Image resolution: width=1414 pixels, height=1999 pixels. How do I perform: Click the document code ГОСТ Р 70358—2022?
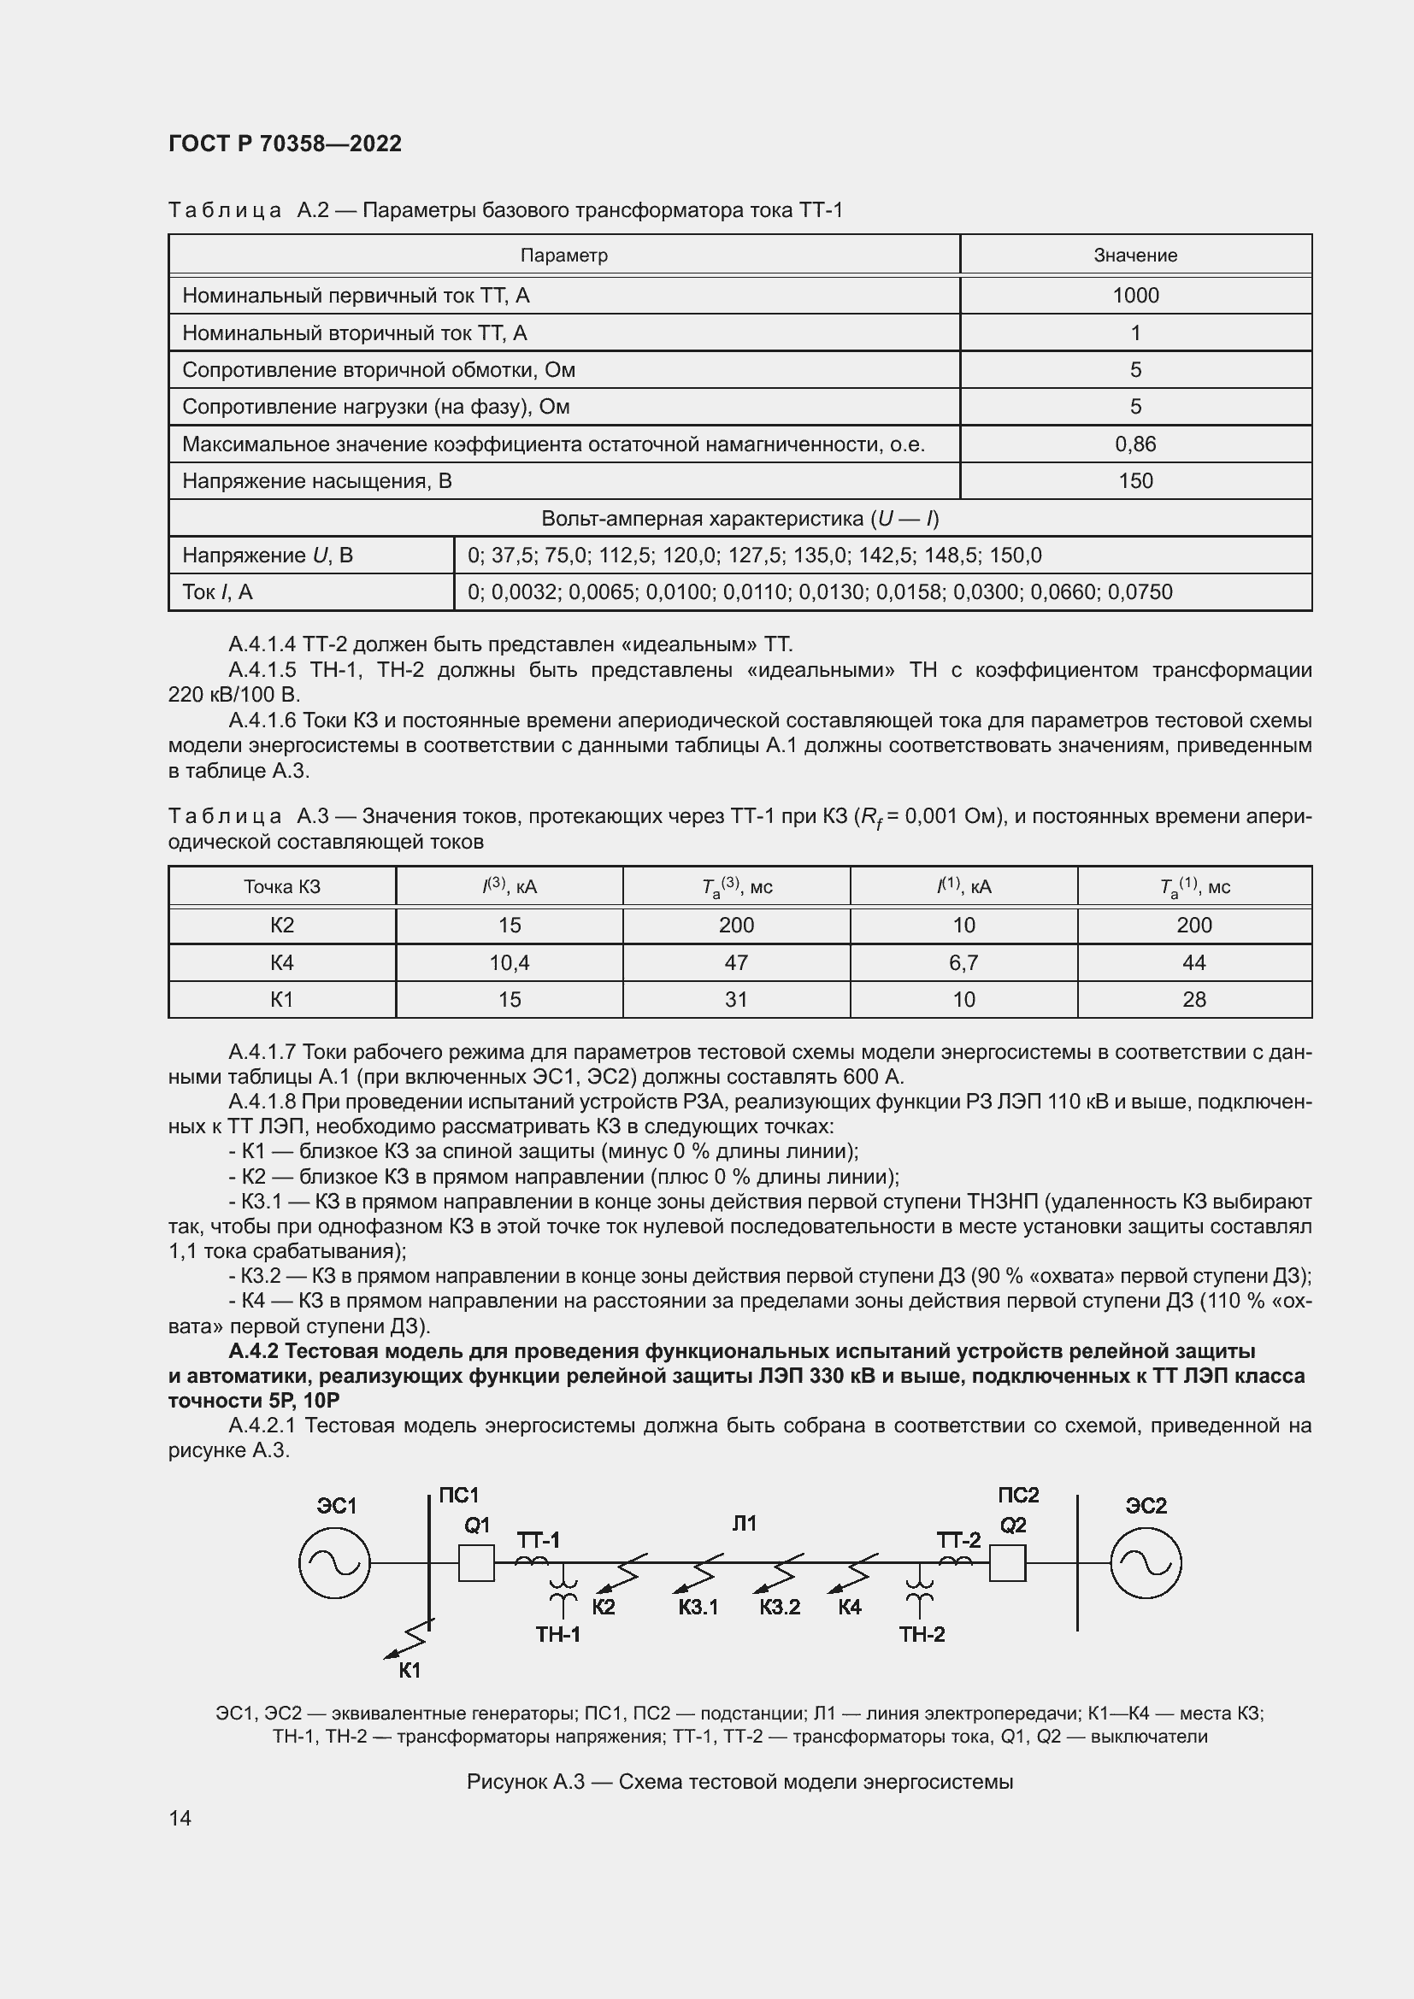point(285,144)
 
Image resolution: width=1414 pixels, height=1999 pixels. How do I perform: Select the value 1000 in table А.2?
point(1134,296)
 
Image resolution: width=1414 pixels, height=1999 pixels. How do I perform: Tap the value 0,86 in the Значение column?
point(1134,445)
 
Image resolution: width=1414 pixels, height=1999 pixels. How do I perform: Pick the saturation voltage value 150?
point(1134,481)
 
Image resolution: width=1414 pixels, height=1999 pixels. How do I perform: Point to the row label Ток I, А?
point(218,593)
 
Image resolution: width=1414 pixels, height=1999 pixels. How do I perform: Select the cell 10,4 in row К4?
point(510,963)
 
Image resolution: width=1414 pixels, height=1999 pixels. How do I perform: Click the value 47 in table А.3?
point(736,963)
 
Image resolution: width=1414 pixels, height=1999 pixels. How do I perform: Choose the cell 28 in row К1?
point(1193,1000)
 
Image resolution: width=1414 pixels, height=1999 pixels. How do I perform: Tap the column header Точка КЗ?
point(282,887)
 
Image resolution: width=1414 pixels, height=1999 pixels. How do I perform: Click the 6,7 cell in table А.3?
point(963,963)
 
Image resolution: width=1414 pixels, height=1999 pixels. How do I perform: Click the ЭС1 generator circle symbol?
point(334,1564)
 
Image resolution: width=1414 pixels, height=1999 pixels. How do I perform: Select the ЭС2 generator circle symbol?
point(1146,1564)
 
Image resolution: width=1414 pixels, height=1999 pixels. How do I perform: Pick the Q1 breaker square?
point(476,1564)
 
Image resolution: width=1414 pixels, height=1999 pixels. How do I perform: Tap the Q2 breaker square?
point(1007,1564)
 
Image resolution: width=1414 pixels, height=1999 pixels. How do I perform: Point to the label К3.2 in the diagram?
point(780,1608)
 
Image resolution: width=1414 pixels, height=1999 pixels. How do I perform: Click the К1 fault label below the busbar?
point(410,1671)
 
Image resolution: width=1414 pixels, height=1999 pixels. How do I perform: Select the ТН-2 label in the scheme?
point(922,1634)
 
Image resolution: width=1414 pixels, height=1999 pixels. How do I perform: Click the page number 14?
point(180,1818)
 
